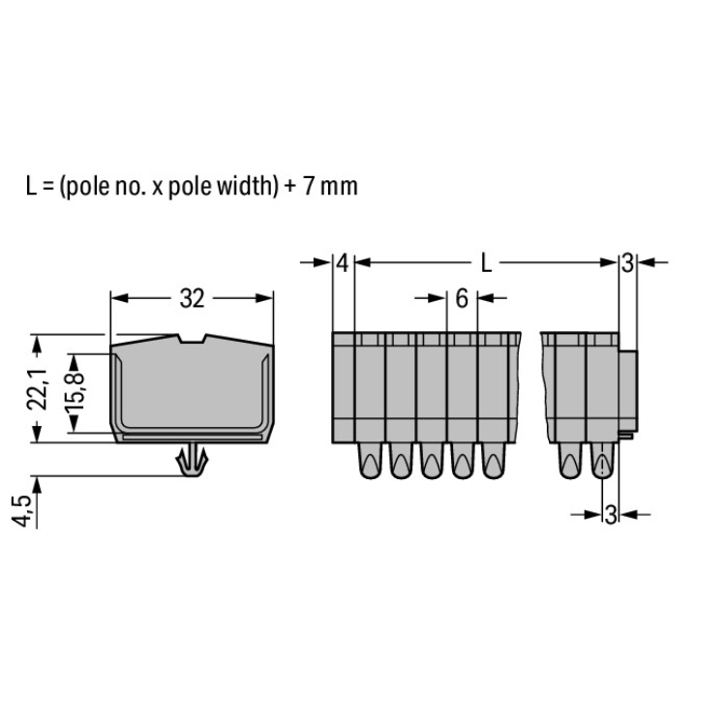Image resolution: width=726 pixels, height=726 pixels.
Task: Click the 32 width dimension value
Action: pyautogui.click(x=193, y=299)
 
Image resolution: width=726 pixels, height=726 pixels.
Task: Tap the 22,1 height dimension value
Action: pyautogui.click(x=37, y=389)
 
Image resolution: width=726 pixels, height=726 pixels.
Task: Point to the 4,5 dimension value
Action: pyautogui.click(x=21, y=510)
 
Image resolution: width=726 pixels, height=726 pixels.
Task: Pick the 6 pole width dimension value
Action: pyautogui.click(x=462, y=299)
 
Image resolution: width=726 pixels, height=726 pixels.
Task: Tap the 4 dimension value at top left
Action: pyautogui.click(x=343, y=263)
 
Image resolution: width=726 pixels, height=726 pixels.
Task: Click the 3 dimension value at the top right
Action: pyautogui.click(x=627, y=263)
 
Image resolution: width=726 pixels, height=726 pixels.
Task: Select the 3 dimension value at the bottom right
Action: pyautogui.click(x=611, y=514)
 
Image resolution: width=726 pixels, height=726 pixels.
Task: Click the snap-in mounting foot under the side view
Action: pyautogui.click(x=192, y=460)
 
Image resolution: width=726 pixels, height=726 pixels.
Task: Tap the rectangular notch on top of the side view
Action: pyautogui.click(x=192, y=339)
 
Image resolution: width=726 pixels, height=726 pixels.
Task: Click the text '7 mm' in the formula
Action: pyautogui.click(x=331, y=186)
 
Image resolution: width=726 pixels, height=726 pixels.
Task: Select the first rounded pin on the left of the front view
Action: pyautogui.click(x=371, y=461)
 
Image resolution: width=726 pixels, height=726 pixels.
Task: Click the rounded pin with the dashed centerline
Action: pyautogui.click(x=602, y=461)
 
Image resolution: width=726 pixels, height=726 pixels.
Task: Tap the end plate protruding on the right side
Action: pyautogui.click(x=628, y=392)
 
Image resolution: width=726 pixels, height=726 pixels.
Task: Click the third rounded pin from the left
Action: pyautogui.click(x=432, y=461)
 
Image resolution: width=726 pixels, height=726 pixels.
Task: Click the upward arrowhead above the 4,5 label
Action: pyautogui.click(x=37, y=484)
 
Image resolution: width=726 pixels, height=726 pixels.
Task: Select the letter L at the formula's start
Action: pyautogui.click(x=31, y=186)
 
